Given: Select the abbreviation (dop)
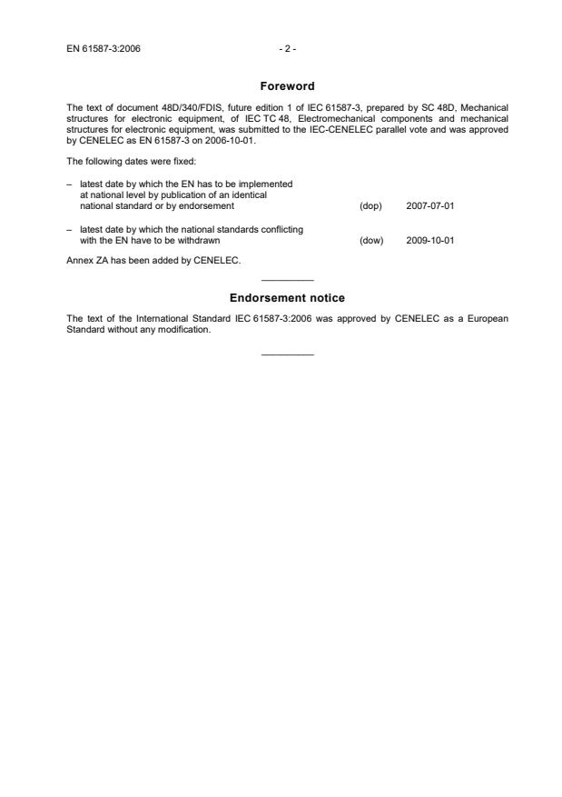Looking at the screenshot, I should (370, 206).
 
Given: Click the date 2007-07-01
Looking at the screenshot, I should (429, 206).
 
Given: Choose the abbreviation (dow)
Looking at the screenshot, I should (371, 241).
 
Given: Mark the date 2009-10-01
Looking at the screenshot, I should (429, 241).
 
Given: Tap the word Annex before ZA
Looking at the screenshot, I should (80, 261).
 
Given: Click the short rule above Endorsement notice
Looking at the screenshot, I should (287, 280).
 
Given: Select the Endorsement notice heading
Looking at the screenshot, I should (287, 298).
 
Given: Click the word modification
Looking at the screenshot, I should (188, 329).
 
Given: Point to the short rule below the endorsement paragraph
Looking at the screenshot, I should (287, 353).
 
